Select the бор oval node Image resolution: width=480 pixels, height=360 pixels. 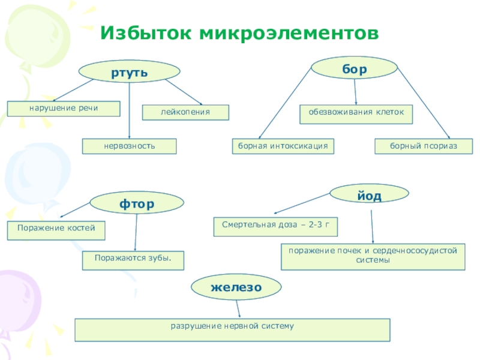click(354, 68)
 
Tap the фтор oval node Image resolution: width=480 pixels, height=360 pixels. click(137, 203)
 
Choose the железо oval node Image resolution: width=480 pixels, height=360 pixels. click(236, 287)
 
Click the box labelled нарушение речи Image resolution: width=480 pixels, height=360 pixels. click(64, 109)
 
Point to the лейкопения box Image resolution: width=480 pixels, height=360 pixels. click(185, 112)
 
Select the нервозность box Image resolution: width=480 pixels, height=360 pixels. click(130, 146)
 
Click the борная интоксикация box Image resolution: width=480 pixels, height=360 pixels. click(283, 146)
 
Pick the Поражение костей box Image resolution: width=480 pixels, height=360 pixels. click(56, 230)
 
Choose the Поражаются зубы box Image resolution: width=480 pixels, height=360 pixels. click(133, 260)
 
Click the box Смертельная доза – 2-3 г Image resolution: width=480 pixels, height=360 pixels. click(276, 226)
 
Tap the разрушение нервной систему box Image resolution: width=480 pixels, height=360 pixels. click(232, 329)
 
